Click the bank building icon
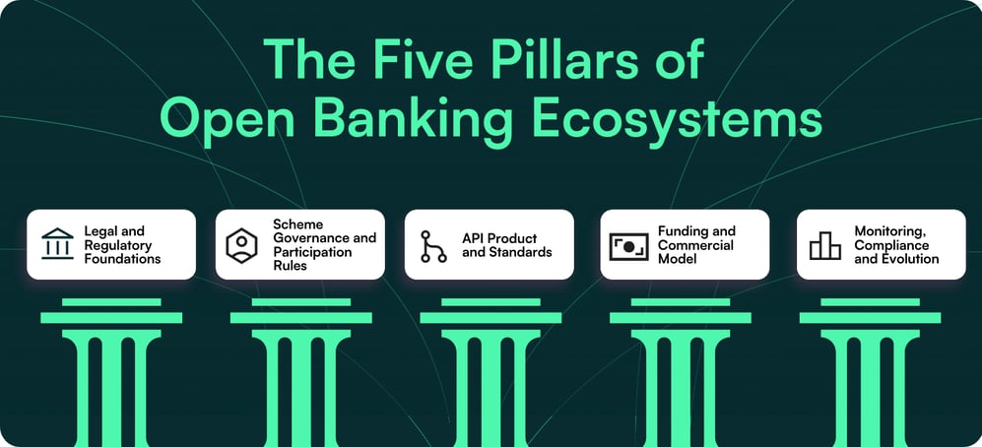[x=57, y=244]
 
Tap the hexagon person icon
[x=242, y=244]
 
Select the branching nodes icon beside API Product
[x=430, y=244]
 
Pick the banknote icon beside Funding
[x=628, y=245]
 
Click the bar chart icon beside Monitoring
[x=824, y=245]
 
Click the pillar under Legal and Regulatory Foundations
[x=110, y=374]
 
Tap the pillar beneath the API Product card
[x=490, y=374]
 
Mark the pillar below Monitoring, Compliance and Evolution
[x=869, y=374]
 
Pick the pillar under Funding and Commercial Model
[x=680, y=374]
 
